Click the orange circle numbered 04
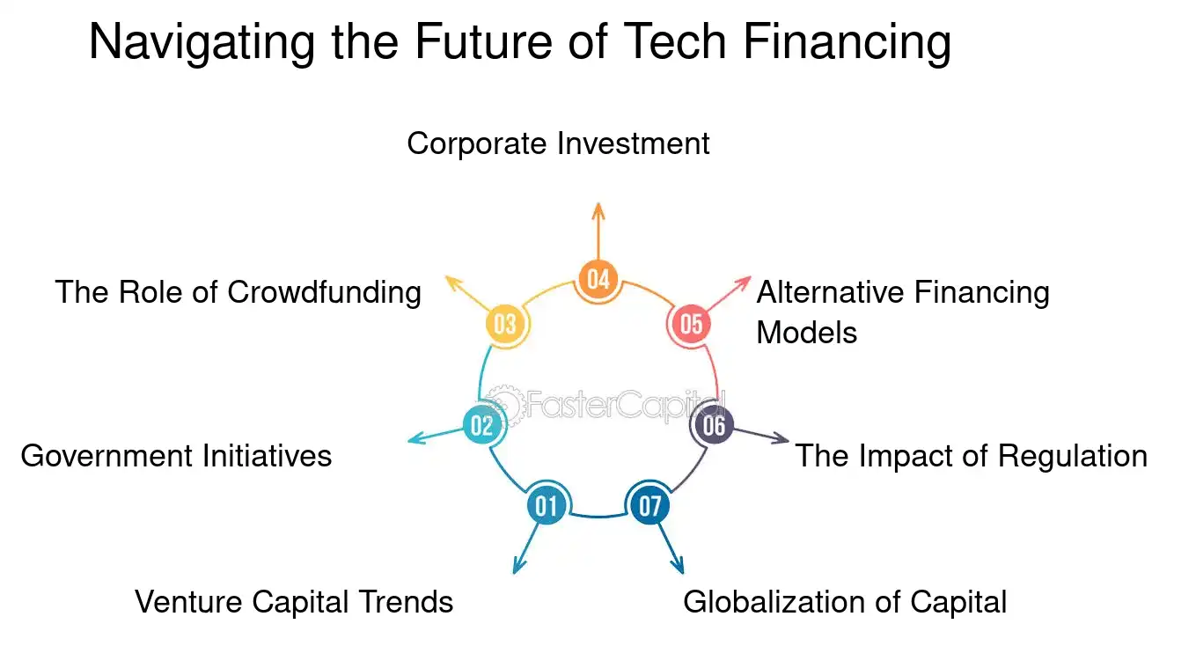click(598, 279)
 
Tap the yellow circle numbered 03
click(505, 324)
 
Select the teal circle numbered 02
click(481, 426)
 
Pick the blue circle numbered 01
click(547, 505)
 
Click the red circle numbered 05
click(692, 324)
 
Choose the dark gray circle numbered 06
click(714, 426)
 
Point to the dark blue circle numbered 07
click(649, 505)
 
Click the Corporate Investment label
click(558, 143)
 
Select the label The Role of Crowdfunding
click(238, 292)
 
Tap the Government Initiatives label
click(176, 456)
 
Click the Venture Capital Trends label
click(294, 602)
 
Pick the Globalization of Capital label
click(844, 602)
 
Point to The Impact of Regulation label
click(971, 456)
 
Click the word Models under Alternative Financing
click(806, 333)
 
